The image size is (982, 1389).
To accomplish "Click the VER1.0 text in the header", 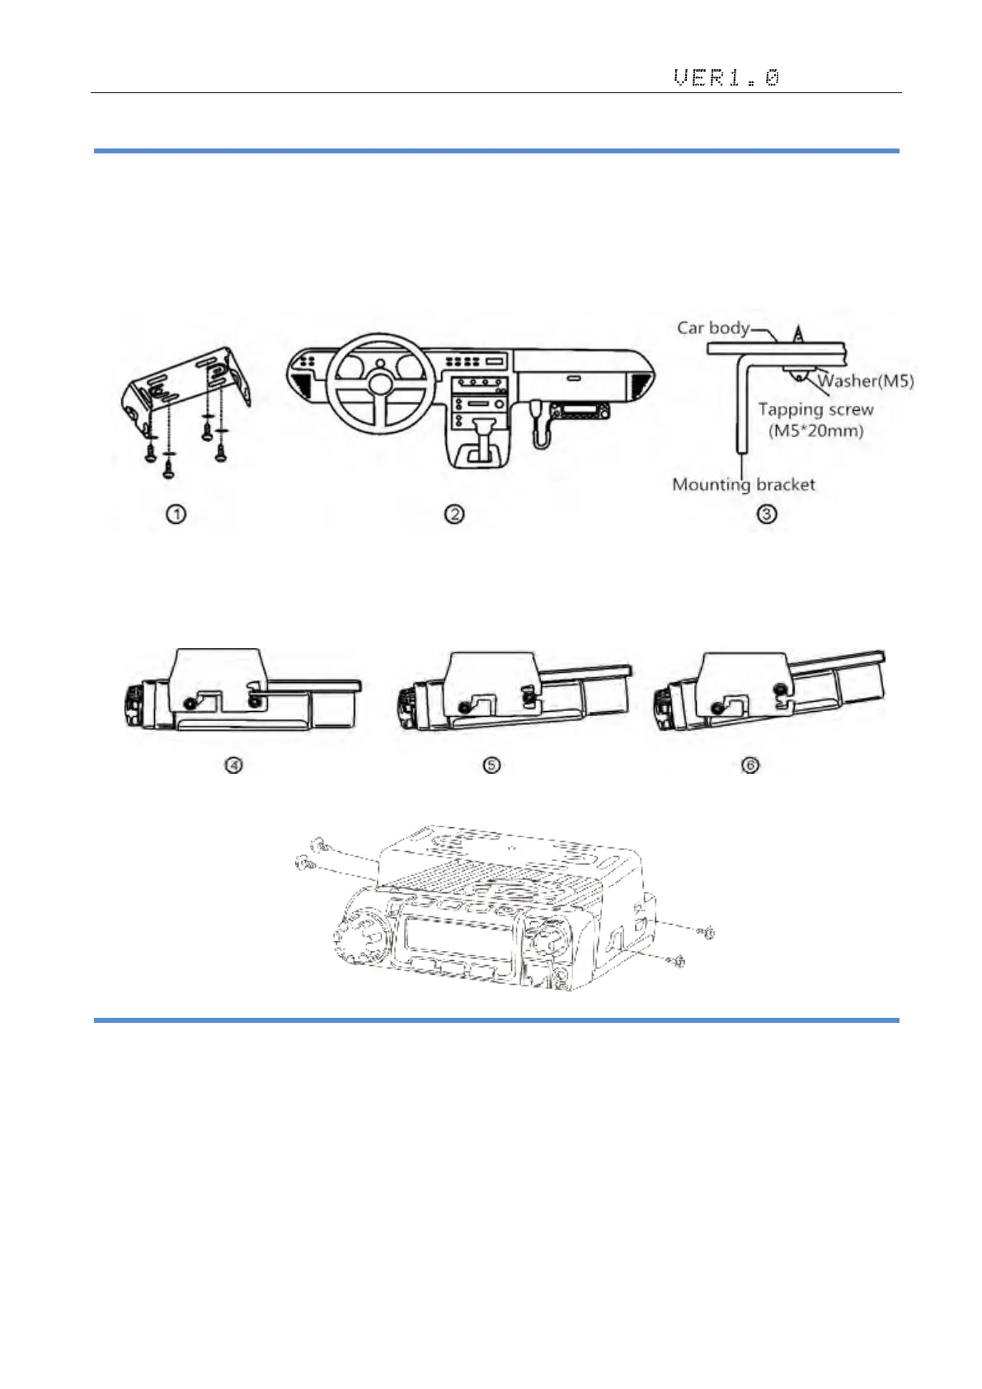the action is coord(726,78).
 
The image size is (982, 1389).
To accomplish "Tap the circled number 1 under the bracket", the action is coord(176,514).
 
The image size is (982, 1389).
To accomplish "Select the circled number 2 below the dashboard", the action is coord(454,514).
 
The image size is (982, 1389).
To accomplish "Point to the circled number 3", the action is coord(767,514).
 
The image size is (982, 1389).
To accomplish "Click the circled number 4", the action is coord(234,765).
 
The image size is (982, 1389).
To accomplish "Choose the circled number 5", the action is coord(491,765).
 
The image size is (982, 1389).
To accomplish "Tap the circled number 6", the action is coord(750,765).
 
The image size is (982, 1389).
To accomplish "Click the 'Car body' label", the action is coord(712,327).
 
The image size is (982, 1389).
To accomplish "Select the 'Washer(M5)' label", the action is coord(866,381).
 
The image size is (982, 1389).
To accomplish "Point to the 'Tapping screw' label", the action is coord(815,409).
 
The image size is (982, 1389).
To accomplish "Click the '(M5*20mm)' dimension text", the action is coord(815,431).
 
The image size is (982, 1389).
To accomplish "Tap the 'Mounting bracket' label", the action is coord(744,484).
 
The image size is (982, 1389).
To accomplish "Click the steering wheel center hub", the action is coord(380,384).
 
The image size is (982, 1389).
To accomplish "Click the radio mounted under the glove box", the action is coord(580,411).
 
